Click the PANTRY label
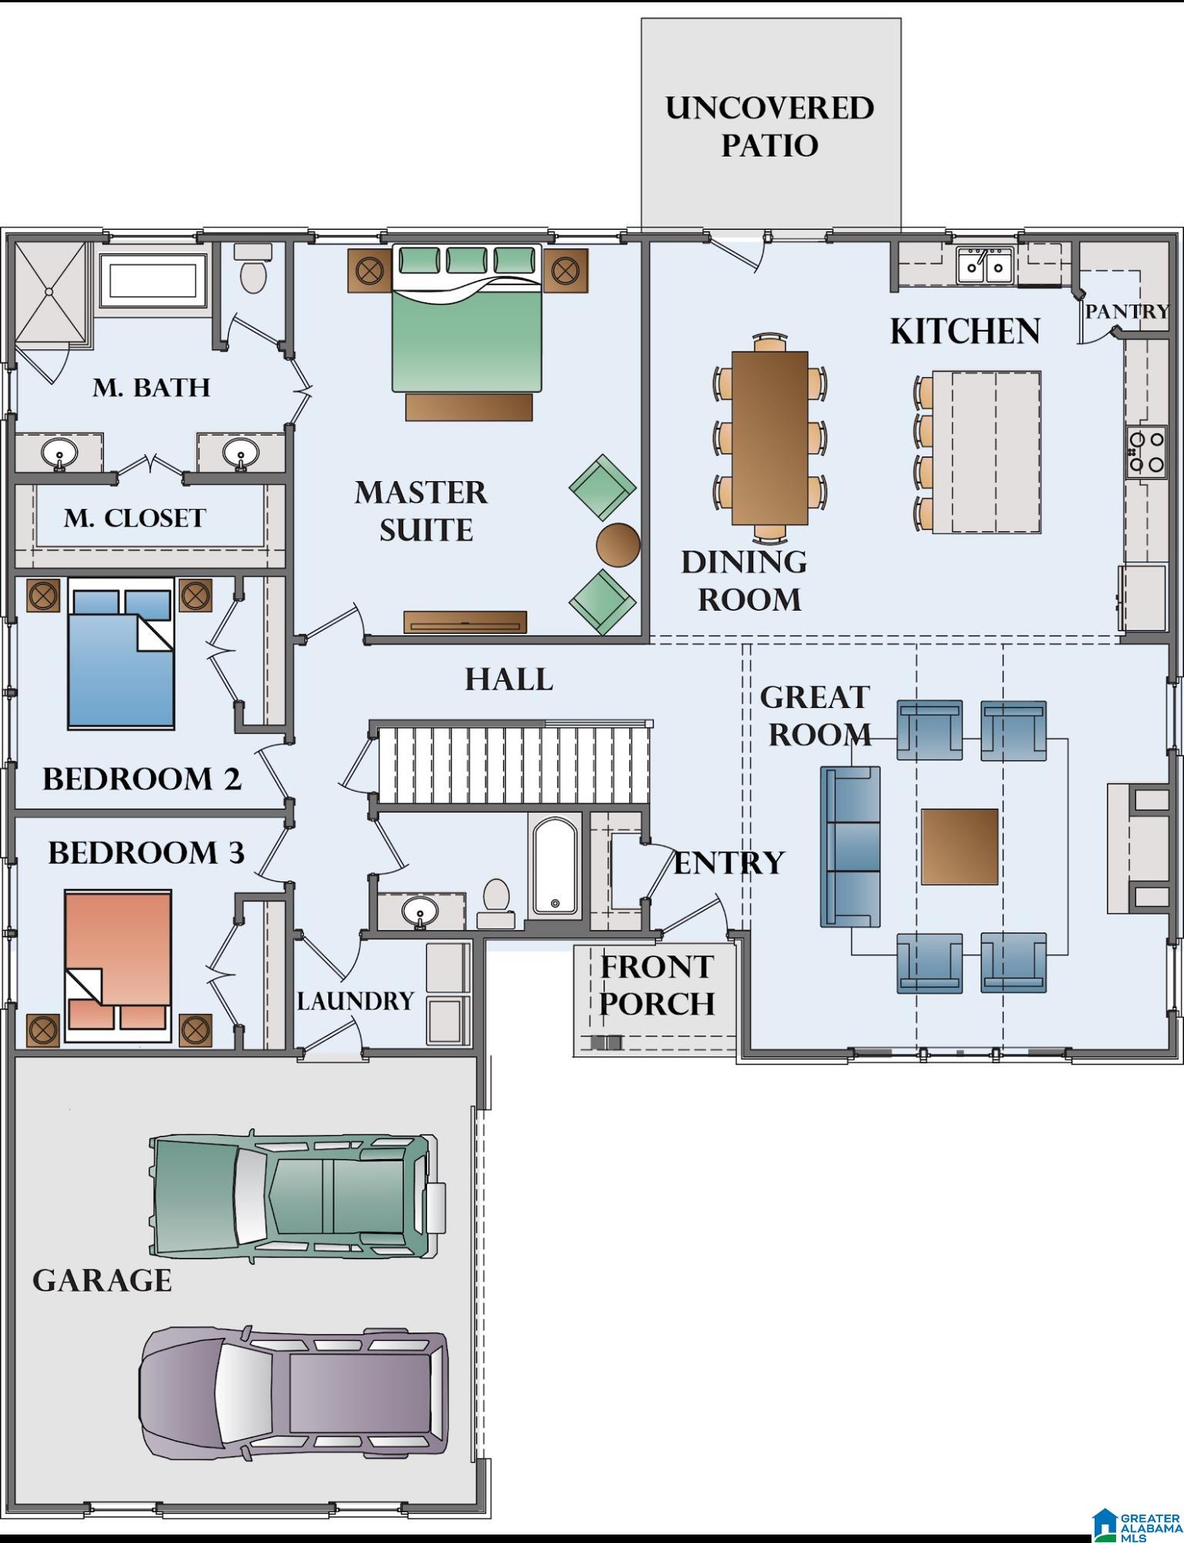click(x=1127, y=312)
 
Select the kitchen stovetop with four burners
click(x=1145, y=452)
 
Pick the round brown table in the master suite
click(x=618, y=545)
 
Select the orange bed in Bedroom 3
click(x=118, y=965)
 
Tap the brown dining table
click(x=770, y=437)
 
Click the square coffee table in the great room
click(x=960, y=847)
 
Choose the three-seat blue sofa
click(x=850, y=847)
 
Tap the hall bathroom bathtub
click(x=555, y=865)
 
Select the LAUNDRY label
click(x=356, y=1001)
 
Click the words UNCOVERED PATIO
click(x=770, y=126)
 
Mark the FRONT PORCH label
click(x=657, y=985)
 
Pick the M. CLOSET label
click(x=135, y=518)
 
